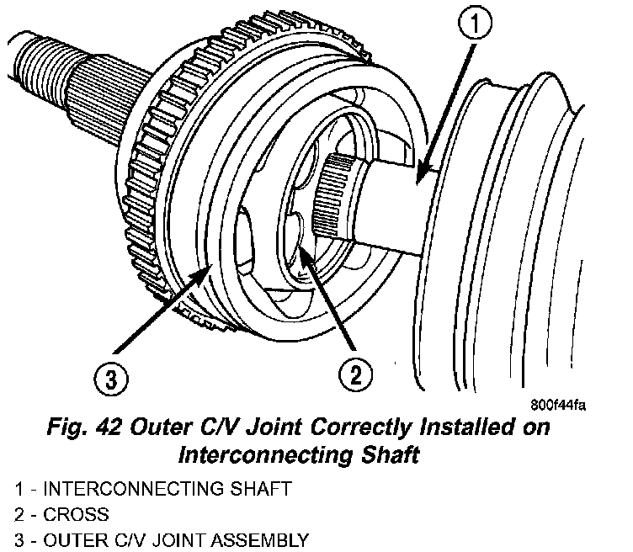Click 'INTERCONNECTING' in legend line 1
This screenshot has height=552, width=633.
(x=104, y=488)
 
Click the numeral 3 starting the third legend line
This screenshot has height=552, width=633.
(x=19, y=539)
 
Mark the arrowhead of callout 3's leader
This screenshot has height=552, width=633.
(x=202, y=270)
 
